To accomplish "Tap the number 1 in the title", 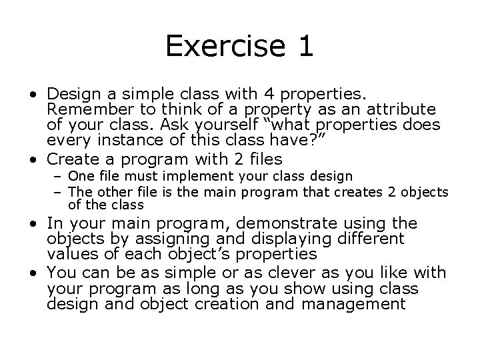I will pos(303,46).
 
